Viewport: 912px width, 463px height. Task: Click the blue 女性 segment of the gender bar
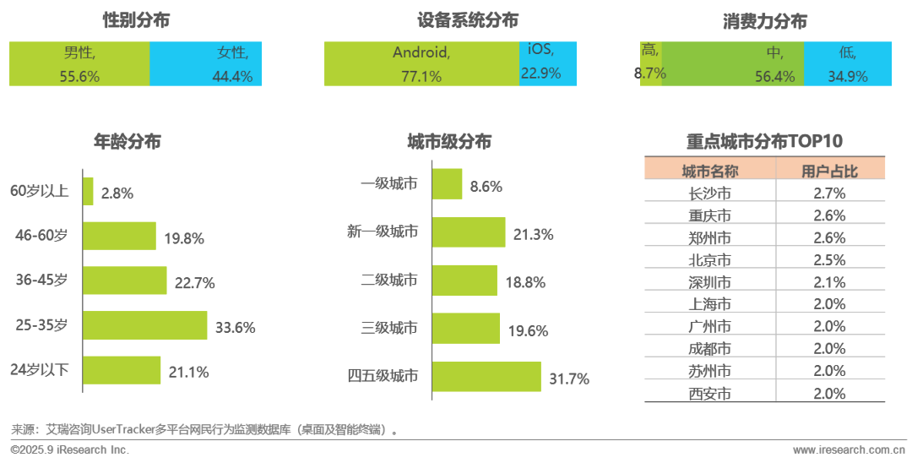pos(206,63)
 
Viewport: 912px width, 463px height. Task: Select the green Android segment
pos(421,63)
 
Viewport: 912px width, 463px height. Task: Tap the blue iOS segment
pos(547,63)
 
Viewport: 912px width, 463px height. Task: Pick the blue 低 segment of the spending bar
pos(847,63)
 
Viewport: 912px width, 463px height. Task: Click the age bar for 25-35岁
pos(144,325)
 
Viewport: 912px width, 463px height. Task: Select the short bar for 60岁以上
pos(88,192)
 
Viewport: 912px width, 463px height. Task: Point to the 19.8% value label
pos(184,238)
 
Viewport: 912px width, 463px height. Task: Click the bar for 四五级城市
pos(486,377)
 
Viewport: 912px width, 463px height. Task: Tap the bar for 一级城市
pos(447,184)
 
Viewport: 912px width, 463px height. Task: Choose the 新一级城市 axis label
pos(383,231)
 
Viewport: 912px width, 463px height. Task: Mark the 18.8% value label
pos(525,283)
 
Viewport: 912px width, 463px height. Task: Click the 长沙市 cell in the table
pos(709,193)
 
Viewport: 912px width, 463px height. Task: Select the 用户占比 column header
pos(829,172)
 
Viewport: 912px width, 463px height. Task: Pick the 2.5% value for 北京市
pos(829,260)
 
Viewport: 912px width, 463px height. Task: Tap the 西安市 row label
pos(709,393)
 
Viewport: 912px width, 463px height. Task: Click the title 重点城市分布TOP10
pos(764,141)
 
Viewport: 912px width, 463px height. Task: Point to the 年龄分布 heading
pos(127,142)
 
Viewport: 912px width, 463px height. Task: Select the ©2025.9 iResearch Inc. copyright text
pos(70,450)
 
